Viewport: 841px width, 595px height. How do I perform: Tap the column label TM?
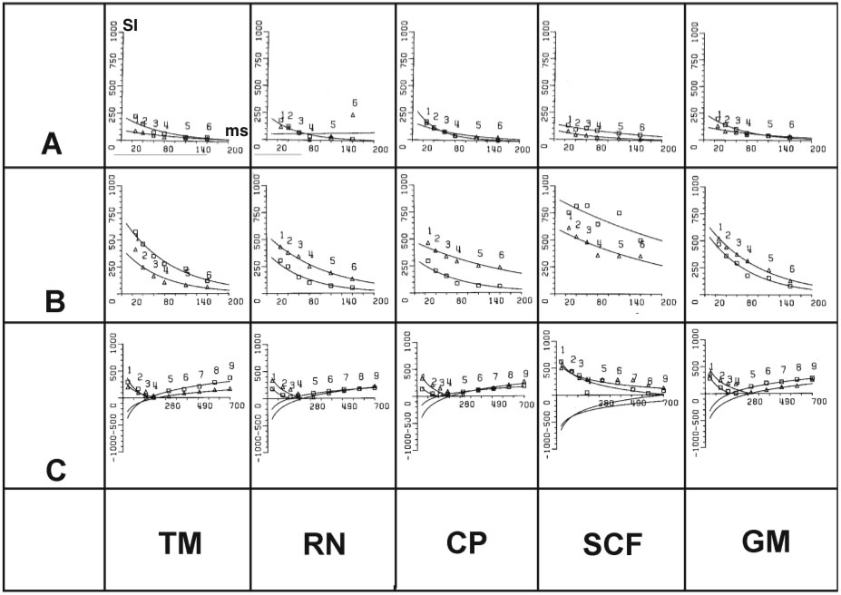pos(179,543)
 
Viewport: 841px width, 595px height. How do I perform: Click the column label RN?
pos(325,543)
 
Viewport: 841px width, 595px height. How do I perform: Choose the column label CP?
pos(468,541)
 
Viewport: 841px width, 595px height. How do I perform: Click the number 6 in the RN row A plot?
pos(354,102)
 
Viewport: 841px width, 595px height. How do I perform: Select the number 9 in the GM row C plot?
pos(813,365)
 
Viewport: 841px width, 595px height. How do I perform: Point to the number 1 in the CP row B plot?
pos(428,230)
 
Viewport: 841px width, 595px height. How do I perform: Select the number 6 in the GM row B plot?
pos(791,268)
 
